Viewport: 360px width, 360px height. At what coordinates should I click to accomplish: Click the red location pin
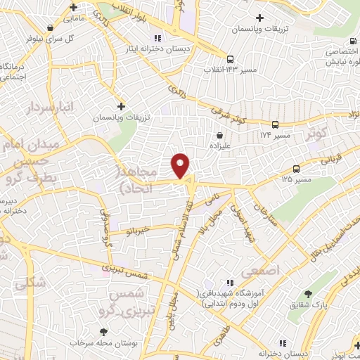coord(181,165)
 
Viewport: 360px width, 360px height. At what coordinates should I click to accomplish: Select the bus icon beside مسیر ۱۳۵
coord(296,169)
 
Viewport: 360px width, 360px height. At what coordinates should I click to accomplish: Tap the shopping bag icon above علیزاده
coord(220,135)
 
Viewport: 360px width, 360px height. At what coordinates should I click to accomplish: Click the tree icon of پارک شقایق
coord(307,293)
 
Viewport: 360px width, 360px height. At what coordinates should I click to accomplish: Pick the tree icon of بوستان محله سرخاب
coord(104,331)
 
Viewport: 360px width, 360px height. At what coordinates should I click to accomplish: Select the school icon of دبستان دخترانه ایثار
coord(157,38)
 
